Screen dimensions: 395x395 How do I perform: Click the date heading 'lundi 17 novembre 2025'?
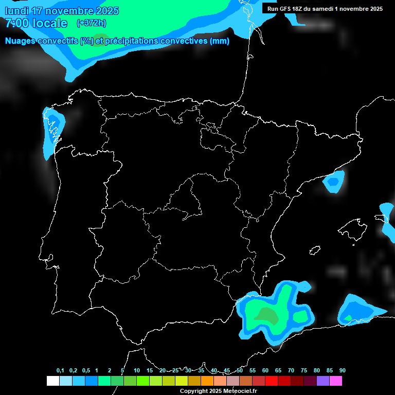point(62,11)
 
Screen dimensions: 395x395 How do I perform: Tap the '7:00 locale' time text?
point(36,23)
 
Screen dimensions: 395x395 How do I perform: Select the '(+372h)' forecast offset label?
point(92,23)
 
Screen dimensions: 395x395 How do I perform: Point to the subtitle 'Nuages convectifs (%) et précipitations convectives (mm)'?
point(117,41)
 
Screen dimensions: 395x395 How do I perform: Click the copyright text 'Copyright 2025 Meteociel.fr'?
point(218,391)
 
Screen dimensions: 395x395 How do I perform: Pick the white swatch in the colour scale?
point(52,381)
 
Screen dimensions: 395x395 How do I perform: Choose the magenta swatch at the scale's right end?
point(336,381)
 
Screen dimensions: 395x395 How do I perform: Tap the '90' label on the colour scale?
point(343,370)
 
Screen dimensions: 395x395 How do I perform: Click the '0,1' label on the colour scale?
point(60,370)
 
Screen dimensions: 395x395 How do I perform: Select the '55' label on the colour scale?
point(253,370)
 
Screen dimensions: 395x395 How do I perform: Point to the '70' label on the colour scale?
point(291,370)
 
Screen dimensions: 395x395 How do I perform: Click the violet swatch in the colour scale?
point(323,381)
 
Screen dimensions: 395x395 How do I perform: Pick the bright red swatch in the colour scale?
point(272,381)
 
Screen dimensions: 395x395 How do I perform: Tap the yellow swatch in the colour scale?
point(182,381)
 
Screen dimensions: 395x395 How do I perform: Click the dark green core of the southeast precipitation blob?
point(267,315)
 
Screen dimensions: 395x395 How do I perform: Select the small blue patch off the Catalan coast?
point(333,181)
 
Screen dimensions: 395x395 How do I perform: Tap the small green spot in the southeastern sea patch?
point(348,318)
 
